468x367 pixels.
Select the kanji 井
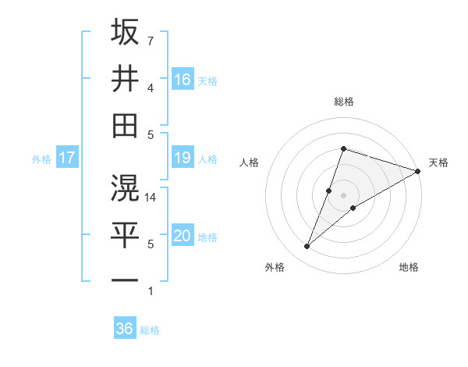click(125, 78)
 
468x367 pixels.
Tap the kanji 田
click(125, 125)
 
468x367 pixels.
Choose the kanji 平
click(125, 233)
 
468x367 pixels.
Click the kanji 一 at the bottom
click(125, 280)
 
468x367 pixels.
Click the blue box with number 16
click(183, 79)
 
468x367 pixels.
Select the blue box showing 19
click(183, 159)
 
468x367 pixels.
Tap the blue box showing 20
click(183, 237)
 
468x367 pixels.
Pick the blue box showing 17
click(67, 159)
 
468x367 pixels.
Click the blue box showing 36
click(125, 329)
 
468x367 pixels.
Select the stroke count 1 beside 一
click(150, 291)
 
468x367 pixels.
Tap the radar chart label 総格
click(343, 102)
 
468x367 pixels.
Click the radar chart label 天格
click(438, 162)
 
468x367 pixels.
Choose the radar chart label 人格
click(249, 162)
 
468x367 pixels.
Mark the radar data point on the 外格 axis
click(307, 247)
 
